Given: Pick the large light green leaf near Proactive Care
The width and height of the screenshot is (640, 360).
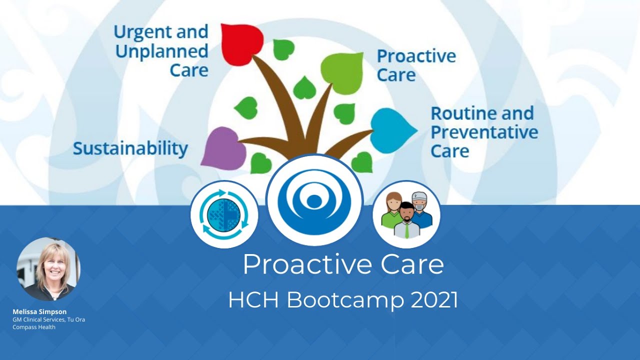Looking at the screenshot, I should (343, 73).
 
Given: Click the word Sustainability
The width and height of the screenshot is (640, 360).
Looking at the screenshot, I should (130, 148).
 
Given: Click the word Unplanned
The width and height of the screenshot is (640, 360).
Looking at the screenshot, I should (161, 51).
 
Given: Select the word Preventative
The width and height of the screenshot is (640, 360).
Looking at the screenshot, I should (484, 132).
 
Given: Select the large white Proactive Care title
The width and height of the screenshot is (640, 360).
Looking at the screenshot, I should (343, 264).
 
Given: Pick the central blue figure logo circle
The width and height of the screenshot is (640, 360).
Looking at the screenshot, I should (314, 199).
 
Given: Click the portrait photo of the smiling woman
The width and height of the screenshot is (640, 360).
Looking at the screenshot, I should (48, 269).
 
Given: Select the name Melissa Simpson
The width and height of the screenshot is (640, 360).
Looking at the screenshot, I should (39, 311).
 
